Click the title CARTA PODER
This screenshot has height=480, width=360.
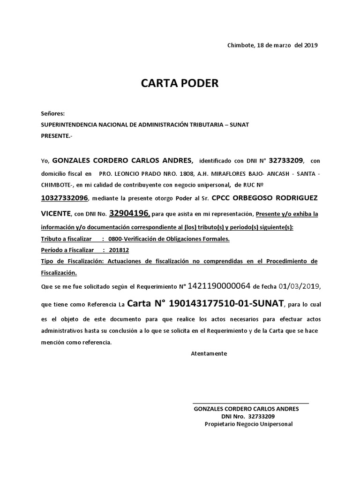coord(180,83)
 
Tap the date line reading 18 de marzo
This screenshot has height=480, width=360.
coord(272,45)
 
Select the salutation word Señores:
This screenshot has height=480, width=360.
coord(53,114)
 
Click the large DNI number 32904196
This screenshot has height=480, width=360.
coord(129,214)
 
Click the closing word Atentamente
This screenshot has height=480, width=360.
coord(209,353)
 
